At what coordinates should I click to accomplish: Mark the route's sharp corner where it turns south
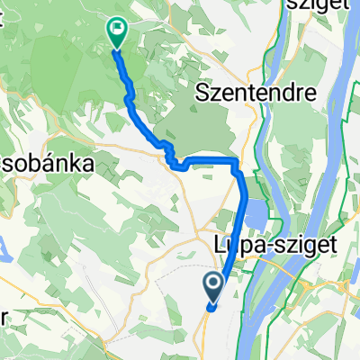point(238,163)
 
